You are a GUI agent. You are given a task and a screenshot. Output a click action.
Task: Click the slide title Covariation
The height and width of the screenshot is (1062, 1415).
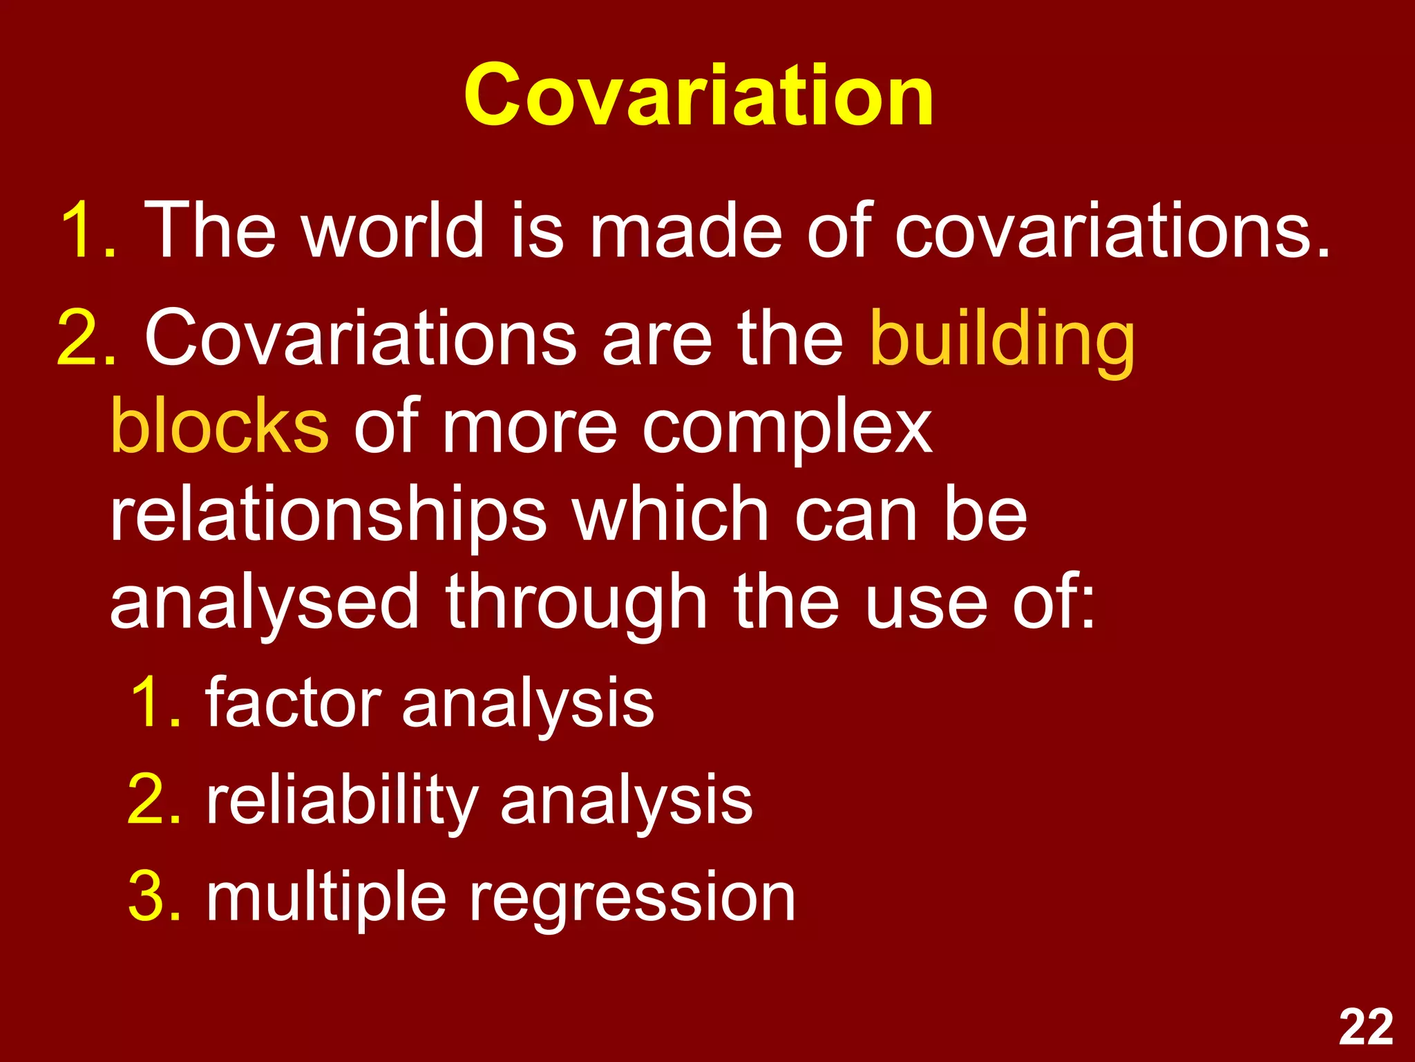(x=699, y=95)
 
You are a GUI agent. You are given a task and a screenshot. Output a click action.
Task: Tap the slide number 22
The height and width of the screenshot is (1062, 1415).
(x=1365, y=1027)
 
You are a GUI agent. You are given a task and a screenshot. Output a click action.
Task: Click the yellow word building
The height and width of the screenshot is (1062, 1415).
(x=1002, y=340)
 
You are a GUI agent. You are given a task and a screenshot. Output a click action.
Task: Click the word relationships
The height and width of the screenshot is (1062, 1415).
(x=328, y=517)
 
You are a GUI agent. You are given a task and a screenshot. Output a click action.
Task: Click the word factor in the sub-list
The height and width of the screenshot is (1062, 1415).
(x=293, y=702)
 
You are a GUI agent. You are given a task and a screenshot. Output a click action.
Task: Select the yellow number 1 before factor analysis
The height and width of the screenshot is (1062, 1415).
(x=149, y=702)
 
